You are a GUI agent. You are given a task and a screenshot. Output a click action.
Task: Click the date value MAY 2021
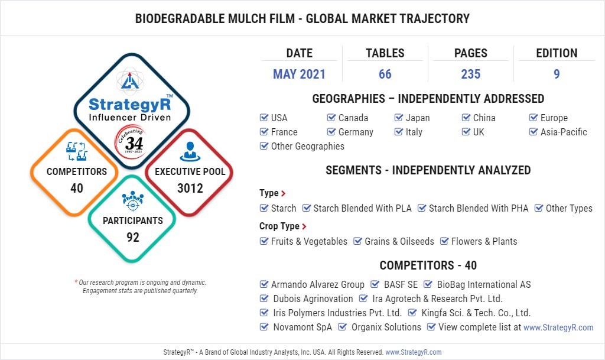pyautogui.click(x=299, y=74)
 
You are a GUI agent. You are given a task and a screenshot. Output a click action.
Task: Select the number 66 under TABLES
pyautogui.click(x=385, y=74)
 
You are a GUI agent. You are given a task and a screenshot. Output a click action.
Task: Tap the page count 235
pyautogui.click(x=471, y=74)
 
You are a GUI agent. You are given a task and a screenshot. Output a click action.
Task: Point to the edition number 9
pyautogui.click(x=557, y=74)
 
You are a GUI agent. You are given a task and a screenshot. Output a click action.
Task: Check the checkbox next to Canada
pyautogui.click(x=331, y=118)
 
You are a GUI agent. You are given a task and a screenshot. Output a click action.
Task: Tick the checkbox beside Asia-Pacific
pyautogui.click(x=534, y=132)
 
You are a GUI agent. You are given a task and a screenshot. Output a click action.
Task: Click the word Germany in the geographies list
pyautogui.click(x=356, y=132)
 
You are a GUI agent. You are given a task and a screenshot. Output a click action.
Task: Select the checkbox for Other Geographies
pyautogui.click(x=264, y=146)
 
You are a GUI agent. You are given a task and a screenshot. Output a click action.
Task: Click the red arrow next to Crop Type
pyautogui.click(x=304, y=226)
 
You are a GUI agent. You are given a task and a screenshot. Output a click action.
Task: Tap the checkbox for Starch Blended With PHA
pyautogui.click(x=422, y=208)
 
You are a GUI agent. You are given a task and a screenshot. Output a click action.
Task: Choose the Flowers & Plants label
pyautogui.click(x=484, y=242)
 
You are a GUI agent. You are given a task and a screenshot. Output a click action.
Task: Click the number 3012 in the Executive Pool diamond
pyautogui.click(x=190, y=189)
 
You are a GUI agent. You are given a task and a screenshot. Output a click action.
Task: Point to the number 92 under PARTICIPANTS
pyautogui.click(x=133, y=237)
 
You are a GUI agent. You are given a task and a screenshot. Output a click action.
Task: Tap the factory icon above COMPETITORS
pyautogui.click(x=76, y=151)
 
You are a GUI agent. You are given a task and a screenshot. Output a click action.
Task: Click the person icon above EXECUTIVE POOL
pyautogui.click(x=190, y=151)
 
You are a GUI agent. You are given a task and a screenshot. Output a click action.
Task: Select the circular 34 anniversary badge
pyautogui.click(x=131, y=142)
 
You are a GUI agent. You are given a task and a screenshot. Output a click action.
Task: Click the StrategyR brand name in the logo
pyautogui.click(x=129, y=104)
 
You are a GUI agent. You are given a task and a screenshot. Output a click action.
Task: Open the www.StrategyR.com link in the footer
pyautogui.click(x=413, y=352)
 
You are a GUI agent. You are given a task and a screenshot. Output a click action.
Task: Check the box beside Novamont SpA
pyautogui.click(x=264, y=327)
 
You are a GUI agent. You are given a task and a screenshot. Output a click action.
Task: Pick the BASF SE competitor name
pyautogui.click(x=401, y=285)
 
